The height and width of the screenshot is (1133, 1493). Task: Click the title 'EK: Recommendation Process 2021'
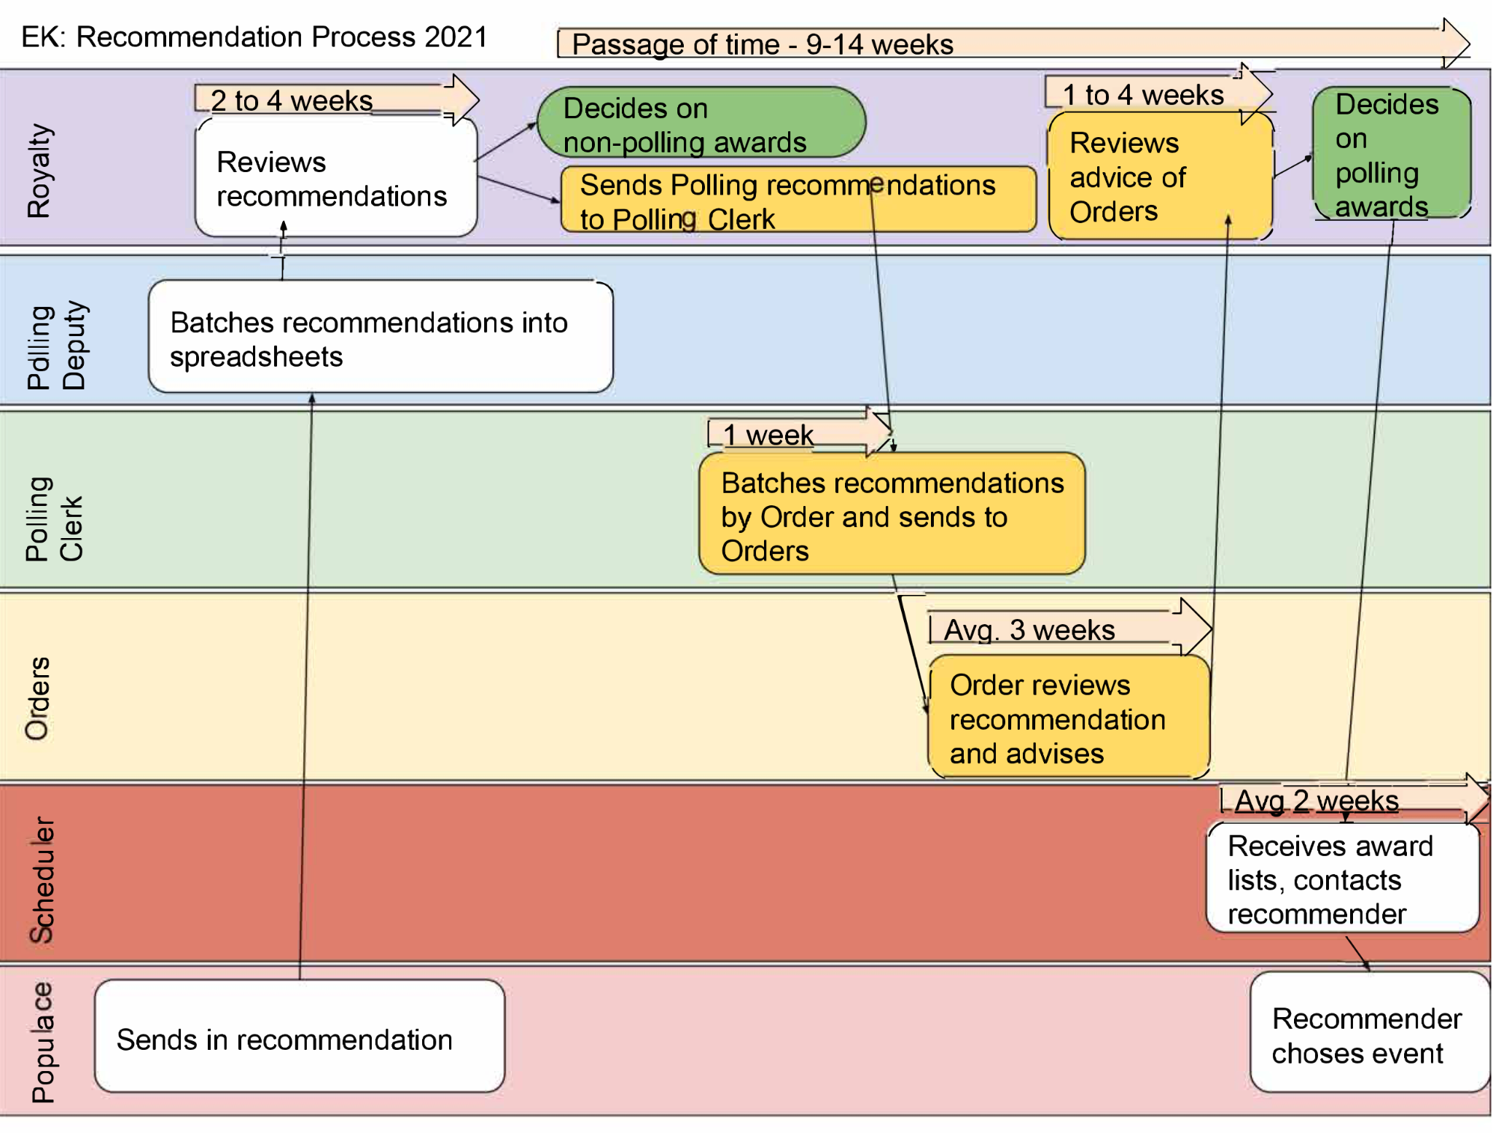click(254, 36)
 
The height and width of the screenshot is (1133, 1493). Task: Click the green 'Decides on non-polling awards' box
click(701, 124)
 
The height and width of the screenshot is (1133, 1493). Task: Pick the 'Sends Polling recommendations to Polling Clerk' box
click(798, 201)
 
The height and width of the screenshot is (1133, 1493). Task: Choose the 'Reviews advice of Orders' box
click(1159, 177)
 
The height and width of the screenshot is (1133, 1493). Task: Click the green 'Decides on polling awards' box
click(1390, 154)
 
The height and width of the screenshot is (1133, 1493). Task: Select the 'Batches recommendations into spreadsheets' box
click(380, 338)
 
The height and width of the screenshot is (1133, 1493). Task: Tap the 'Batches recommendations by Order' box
click(892, 515)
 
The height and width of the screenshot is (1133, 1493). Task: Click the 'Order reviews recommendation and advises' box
click(1069, 718)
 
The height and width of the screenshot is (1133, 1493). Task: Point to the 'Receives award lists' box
click(1342, 879)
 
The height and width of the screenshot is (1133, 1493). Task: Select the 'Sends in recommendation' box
click(299, 1037)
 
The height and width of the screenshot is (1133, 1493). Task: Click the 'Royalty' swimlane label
click(39, 171)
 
